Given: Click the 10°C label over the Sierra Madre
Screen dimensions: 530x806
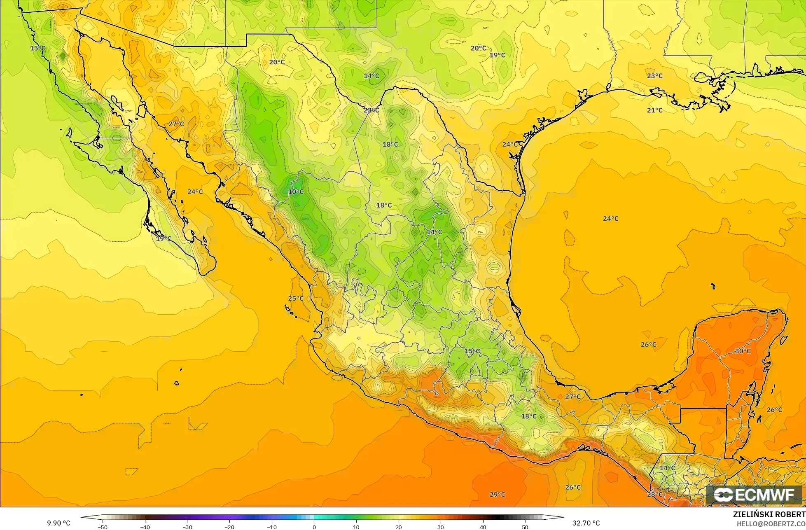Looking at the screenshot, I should [x=296, y=192].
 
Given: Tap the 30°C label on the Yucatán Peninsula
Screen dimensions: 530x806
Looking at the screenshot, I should [x=743, y=351].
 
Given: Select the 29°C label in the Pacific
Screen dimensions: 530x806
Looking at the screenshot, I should [x=497, y=495].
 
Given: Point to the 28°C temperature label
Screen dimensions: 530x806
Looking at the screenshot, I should [x=655, y=495].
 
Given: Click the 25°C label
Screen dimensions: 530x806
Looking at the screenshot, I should [x=296, y=299].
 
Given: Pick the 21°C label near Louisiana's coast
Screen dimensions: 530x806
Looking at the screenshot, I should [x=655, y=110].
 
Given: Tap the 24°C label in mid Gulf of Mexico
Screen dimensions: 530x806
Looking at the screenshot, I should [x=610, y=219].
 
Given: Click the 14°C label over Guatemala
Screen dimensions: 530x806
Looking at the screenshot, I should [x=668, y=468].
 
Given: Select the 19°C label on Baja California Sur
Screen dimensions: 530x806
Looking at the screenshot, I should [x=164, y=238].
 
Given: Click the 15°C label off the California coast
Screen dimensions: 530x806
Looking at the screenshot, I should [x=37, y=48].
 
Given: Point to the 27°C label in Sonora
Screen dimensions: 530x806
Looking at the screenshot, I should [x=176, y=124].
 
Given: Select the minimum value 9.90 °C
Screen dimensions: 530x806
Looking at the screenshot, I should [x=58, y=523].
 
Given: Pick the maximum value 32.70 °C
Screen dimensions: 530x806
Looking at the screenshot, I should [x=586, y=523].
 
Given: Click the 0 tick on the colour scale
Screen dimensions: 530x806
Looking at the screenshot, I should [x=314, y=527].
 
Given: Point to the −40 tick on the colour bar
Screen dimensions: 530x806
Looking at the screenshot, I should [x=145, y=527].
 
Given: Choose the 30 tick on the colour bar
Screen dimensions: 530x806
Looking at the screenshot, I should [x=441, y=527].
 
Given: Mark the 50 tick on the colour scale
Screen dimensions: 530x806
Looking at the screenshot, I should [x=525, y=527].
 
